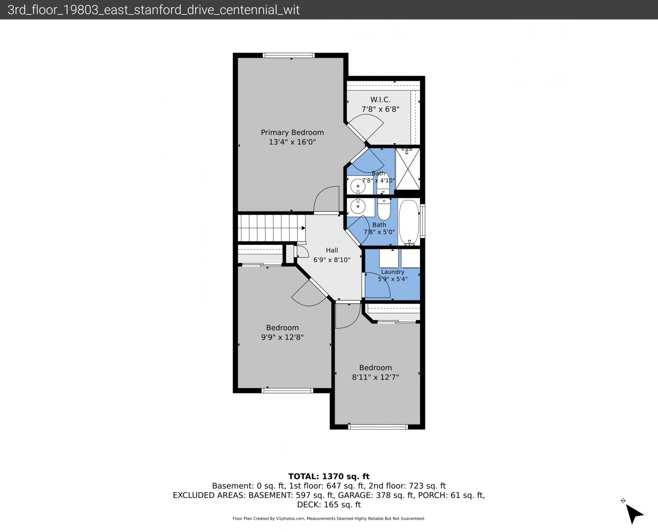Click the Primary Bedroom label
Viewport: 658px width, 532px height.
click(292, 133)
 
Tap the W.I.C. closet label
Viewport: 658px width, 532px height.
click(381, 100)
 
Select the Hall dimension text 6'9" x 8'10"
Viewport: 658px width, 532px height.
click(332, 260)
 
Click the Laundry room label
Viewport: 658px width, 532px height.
click(393, 272)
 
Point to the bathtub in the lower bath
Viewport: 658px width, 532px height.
click(409, 222)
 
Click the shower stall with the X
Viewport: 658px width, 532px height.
click(408, 169)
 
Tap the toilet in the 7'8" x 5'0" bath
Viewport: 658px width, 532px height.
click(384, 209)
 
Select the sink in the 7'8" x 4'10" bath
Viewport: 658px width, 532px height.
click(358, 186)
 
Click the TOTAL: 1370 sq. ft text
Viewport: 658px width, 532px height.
click(329, 476)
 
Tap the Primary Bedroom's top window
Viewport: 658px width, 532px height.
click(288, 56)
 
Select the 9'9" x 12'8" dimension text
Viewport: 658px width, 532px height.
click(282, 337)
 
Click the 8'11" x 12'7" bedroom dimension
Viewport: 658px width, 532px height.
click(376, 377)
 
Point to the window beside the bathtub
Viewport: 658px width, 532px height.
click(422, 221)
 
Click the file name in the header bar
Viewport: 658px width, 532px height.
click(154, 10)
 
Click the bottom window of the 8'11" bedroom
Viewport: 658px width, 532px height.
click(378, 427)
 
